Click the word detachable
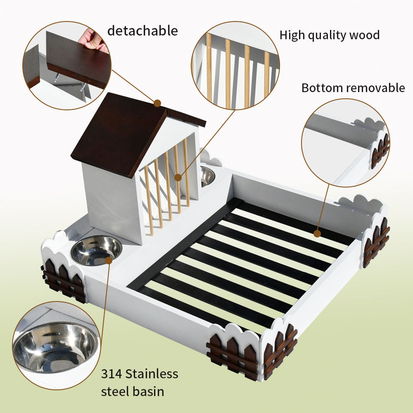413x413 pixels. point(142,31)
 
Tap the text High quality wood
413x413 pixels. point(330,35)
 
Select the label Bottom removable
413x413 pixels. point(353,88)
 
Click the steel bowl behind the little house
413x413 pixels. point(207,176)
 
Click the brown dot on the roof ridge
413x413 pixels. point(157,103)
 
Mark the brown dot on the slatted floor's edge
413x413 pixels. point(317,234)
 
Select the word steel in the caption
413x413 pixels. point(115,392)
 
